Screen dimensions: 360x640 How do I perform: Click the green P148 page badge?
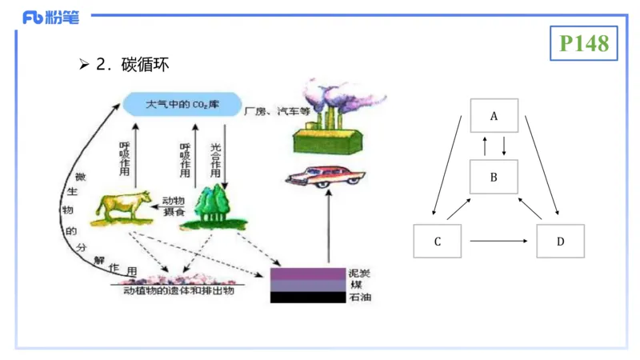click(585, 43)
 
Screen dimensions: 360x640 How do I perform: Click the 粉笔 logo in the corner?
click(50, 17)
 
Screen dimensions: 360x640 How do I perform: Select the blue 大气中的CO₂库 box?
click(183, 104)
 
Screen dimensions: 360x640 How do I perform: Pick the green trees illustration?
click(212, 207)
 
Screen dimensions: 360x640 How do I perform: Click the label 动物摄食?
click(176, 206)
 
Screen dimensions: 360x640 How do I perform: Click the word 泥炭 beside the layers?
click(359, 273)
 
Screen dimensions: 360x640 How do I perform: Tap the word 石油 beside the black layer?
click(359, 298)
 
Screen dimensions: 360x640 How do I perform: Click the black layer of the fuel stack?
click(309, 297)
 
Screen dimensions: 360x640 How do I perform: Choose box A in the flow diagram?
click(494, 116)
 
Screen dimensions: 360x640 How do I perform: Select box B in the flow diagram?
click(494, 177)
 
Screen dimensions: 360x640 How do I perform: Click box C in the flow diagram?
click(438, 241)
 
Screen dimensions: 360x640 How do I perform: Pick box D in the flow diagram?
click(560, 241)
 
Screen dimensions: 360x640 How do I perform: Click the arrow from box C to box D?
click(499, 241)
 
